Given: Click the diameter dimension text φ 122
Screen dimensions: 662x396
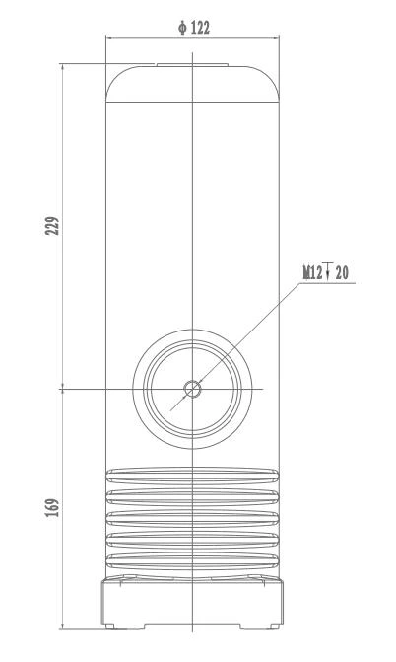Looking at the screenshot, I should pyautogui.click(x=194, y=28).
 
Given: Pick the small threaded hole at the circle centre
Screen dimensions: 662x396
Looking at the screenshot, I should pyautogui.click(x=193, y=388).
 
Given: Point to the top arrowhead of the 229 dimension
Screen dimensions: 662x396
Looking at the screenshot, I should pyautogui.click(x=63, y=67).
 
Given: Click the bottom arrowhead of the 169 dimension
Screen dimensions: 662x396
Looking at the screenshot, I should pyautogui.click(x=63, y=625).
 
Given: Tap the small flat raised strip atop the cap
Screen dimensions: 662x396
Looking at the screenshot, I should pyautogui.click(x=193, y=66).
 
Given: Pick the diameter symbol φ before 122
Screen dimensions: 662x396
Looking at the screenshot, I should pyautogui.click(x=182, y=28).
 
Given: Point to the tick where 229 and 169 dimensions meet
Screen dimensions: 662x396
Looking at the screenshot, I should pyautogui.click(x=63, y=388).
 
